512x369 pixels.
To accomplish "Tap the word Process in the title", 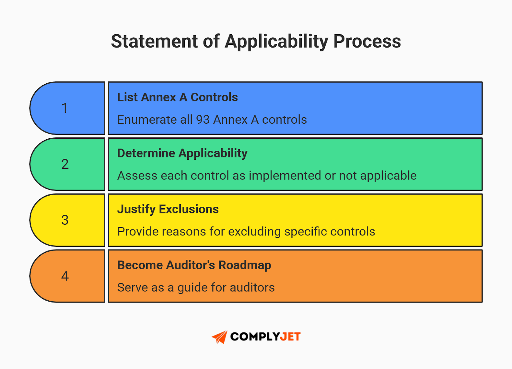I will (x=367, y=42).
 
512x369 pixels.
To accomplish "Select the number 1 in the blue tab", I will (x=65, y=108).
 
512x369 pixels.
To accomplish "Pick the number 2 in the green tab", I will (x=65, y=164).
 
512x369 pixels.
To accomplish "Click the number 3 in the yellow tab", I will (x=65, y=220).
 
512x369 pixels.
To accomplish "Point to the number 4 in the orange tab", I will (x=65, y=276).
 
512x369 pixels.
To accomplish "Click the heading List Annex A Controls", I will (x=177, y=97).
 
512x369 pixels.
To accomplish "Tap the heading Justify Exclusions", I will (x=168, y=209).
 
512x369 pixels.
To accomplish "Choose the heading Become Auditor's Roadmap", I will (x=194, y=265).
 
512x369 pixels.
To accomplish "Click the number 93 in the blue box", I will (x=203, y=120).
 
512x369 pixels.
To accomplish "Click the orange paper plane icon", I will (x=220, y=337).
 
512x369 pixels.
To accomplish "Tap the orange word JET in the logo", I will (x=290, y=337).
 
